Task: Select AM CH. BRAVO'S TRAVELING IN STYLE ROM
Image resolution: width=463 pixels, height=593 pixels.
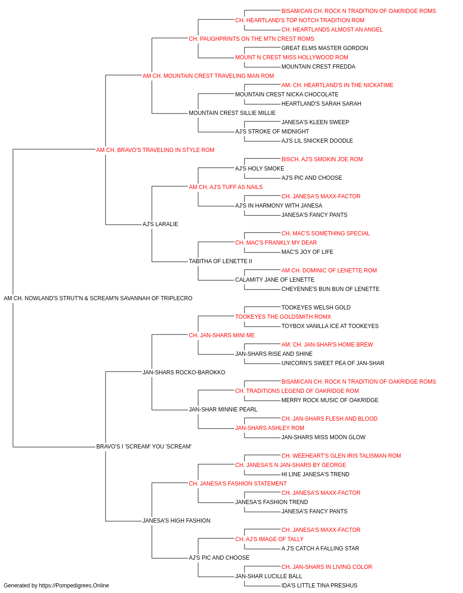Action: [x=155, y=150]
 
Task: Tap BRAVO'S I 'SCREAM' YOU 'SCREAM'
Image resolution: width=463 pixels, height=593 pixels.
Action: [x=144, y=447]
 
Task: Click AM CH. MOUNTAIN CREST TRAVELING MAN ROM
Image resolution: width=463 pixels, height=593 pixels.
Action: [x=208, y=76]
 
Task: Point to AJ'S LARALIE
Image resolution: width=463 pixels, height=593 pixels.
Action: [x=160, y=224]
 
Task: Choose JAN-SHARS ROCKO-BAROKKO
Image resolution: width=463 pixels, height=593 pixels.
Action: [x=184, y=372]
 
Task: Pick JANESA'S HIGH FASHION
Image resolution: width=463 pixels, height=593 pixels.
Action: [x=176, y=521]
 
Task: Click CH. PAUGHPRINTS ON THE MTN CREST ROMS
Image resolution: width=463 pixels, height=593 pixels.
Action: [x=251, y=39]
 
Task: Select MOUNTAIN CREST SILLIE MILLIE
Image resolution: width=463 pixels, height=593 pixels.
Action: [x=232, y=113]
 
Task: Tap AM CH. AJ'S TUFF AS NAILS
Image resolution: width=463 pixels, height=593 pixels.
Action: [x=225, y=187]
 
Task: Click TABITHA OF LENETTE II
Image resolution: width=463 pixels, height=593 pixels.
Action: [x=220, y=261]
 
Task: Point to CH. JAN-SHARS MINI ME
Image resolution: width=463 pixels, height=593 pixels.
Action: [x=221, y=335]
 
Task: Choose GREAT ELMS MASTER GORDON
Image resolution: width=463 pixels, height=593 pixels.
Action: [x=325, y=48]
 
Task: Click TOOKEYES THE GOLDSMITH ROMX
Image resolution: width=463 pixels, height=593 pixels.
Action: [x=283, y=317]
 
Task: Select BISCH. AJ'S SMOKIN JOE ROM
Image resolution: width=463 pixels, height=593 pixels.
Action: [x=322, y=159]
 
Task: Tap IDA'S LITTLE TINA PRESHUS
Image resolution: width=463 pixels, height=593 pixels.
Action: [x=319, y=586]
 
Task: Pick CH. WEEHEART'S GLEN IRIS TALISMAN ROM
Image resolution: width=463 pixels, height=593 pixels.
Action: [x=341, y=456]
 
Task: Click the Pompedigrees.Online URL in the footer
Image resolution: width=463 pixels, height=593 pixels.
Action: [x=74, y=586]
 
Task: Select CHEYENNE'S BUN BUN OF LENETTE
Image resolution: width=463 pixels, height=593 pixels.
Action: [x=330, y=289]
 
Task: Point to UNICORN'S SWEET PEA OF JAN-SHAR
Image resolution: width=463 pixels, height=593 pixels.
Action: [x=332, y=363]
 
